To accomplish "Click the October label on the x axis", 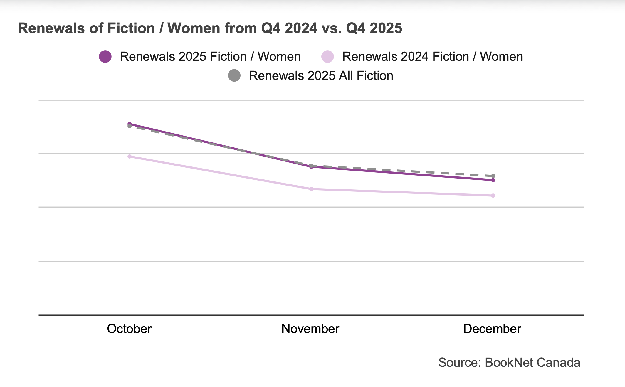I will tap(129, 329).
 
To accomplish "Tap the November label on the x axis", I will tap(310, 329).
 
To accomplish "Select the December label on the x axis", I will tap(492, 329).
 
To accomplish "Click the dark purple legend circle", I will tap(105, 57).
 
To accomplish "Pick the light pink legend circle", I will tap(327, 57).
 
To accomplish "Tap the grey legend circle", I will tap(234, 76).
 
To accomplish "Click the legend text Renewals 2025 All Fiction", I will tap(321, 76).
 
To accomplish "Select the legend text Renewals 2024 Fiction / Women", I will tap(432, 57).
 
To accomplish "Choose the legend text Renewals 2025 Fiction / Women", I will tap(210, 57).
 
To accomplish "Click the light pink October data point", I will tap(130, 157).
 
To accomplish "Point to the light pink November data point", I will tap(311, 189).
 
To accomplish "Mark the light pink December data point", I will tap(493, 196).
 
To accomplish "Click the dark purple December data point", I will tap(493, 180).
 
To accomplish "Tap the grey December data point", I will tap(493, 176).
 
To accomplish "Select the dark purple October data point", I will tap(130, 124).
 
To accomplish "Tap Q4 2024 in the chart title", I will tap(289, 28).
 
